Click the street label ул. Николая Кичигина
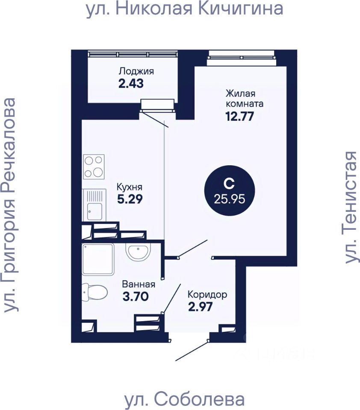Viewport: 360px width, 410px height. tap(185, 9)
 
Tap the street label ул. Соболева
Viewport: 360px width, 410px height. tap(184, 399)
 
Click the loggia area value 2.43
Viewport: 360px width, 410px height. tap(131, 83)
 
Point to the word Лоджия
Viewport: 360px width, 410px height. tap(136, 71)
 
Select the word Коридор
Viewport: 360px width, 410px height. tap(207, 294)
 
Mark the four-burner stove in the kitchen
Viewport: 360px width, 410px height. tap(94, 167)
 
